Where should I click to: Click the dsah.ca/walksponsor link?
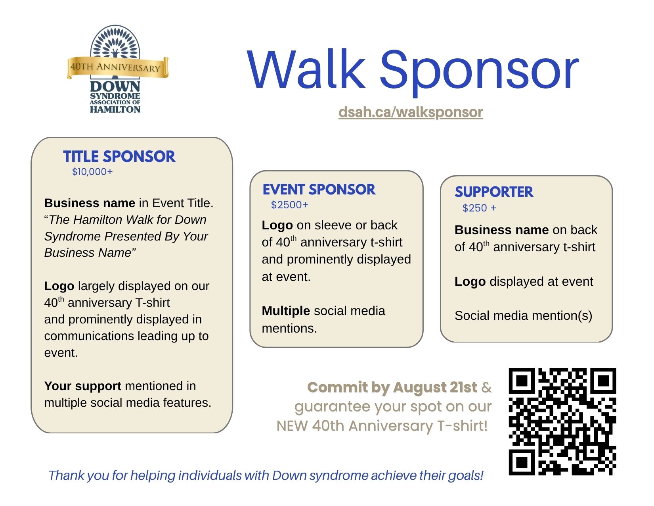pos(411,112)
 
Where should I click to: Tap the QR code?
pos(562,421)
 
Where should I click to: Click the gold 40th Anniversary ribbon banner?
pos(117,67)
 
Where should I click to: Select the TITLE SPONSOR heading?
pos(119,156)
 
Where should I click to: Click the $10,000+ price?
pos(92,172)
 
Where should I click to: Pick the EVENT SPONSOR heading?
pos(319,190)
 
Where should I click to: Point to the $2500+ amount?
pos(290,205)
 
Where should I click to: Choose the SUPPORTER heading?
pos(494,192)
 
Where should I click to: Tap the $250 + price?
pos(480,208)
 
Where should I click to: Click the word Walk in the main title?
pos(306,69)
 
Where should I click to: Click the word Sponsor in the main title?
pos(480,73)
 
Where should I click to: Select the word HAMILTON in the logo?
pos(115,110)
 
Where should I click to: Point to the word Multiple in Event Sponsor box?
pos(286,311)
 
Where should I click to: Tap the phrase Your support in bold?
pos(83,386)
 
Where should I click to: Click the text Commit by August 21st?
pos(392,388)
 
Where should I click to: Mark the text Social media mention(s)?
pos(523,316)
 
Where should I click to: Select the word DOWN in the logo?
pos(115,87)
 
